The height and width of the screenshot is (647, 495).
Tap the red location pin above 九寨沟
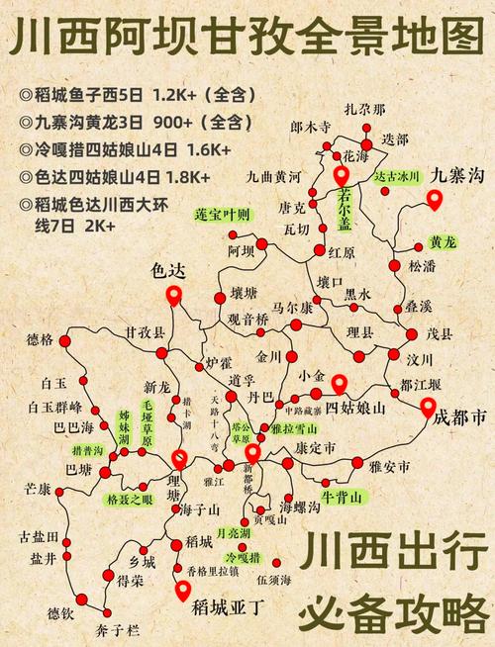[x=434, y=201]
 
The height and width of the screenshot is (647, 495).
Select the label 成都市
[x=459, y=418]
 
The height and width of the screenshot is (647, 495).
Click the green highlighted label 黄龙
[x=442, y=241]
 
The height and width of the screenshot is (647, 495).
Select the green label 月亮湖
[x=235, y=533]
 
